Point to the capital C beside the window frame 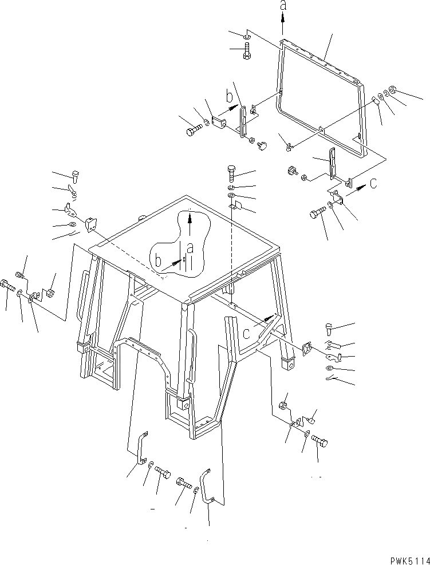pyautogui.click(x=373, y=184)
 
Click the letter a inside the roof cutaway pyautogui.click(x=190, y=248)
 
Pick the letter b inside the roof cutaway pyautogui.click(x=157, y=262)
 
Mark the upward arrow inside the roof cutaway pyautogui.click(x=190, y=223)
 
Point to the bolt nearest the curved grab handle pyautogui.click(x=185, y=484)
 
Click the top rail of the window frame pyautogui.click(x=321, y=61)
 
